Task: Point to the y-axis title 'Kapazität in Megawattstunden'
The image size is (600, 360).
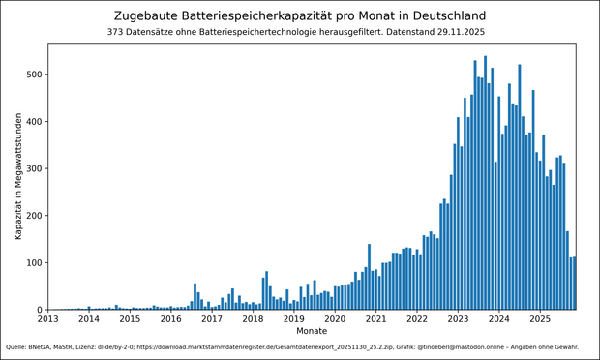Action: point(18,177)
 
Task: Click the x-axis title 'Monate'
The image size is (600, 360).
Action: point(312,331)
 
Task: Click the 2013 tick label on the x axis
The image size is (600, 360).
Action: point(47,318)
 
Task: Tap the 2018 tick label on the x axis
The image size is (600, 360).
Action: point(253,318)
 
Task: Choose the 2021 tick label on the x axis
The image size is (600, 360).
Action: point(375,318)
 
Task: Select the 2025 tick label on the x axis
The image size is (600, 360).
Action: point(539,318)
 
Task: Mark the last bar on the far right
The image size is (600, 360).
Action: point(574,284)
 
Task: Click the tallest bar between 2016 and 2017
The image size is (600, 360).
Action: point(195,297)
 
